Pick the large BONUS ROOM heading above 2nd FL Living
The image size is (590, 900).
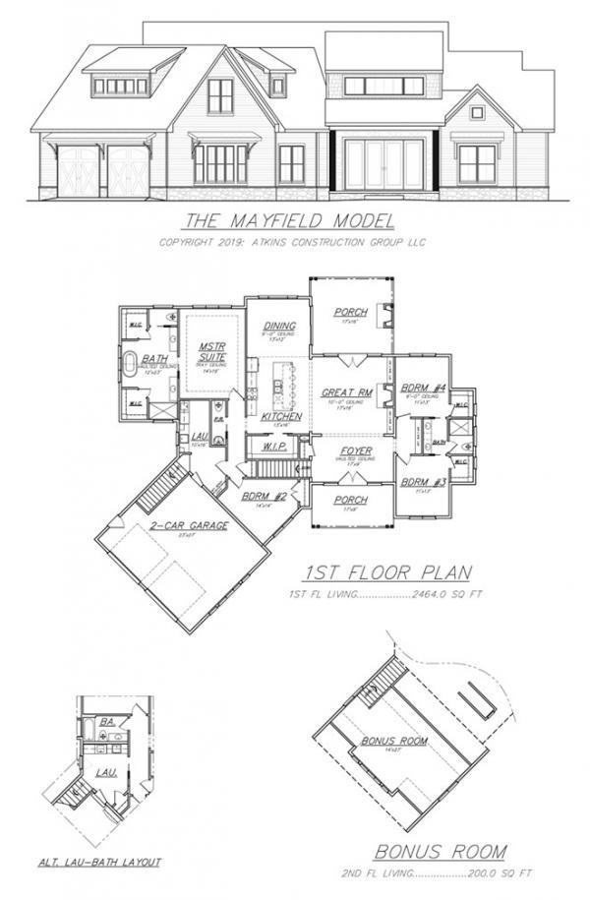coord(440,850)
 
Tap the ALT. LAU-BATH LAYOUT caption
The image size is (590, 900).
coord(99,862)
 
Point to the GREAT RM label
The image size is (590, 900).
coord(346,393)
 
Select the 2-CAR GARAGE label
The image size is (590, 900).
coord(191,526)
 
